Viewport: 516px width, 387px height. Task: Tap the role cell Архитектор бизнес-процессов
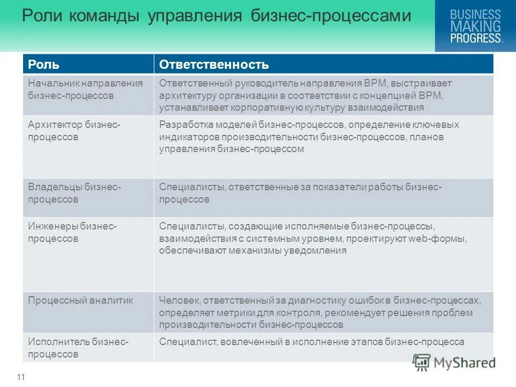(74, 131)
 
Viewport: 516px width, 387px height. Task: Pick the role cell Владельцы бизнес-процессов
(74, 193)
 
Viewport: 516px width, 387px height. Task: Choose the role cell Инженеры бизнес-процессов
(72, 232)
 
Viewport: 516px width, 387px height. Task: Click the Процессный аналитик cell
(80, 300)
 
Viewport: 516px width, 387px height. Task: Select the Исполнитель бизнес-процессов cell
(78, 348)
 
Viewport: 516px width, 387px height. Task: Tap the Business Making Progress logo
(475, 26)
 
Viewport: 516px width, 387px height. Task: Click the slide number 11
(21, 377)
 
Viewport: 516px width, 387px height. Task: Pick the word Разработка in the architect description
(183, 125)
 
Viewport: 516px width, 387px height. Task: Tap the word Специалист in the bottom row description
(185, 342)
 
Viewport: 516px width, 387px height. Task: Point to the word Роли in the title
(40, 17)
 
